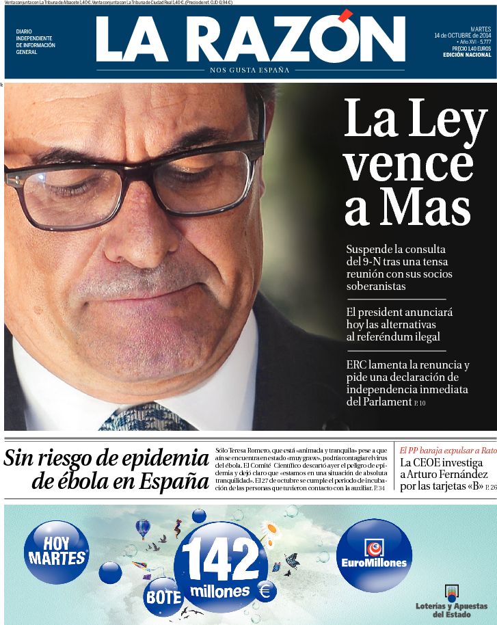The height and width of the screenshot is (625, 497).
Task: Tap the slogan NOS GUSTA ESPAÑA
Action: click(x=250, y=70)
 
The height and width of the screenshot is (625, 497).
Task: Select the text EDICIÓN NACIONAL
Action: click(x=467, y=55)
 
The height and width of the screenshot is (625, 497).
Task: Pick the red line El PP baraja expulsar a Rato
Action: click(x=448, y=450)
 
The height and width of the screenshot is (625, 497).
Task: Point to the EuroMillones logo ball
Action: click(x=374, y=555)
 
